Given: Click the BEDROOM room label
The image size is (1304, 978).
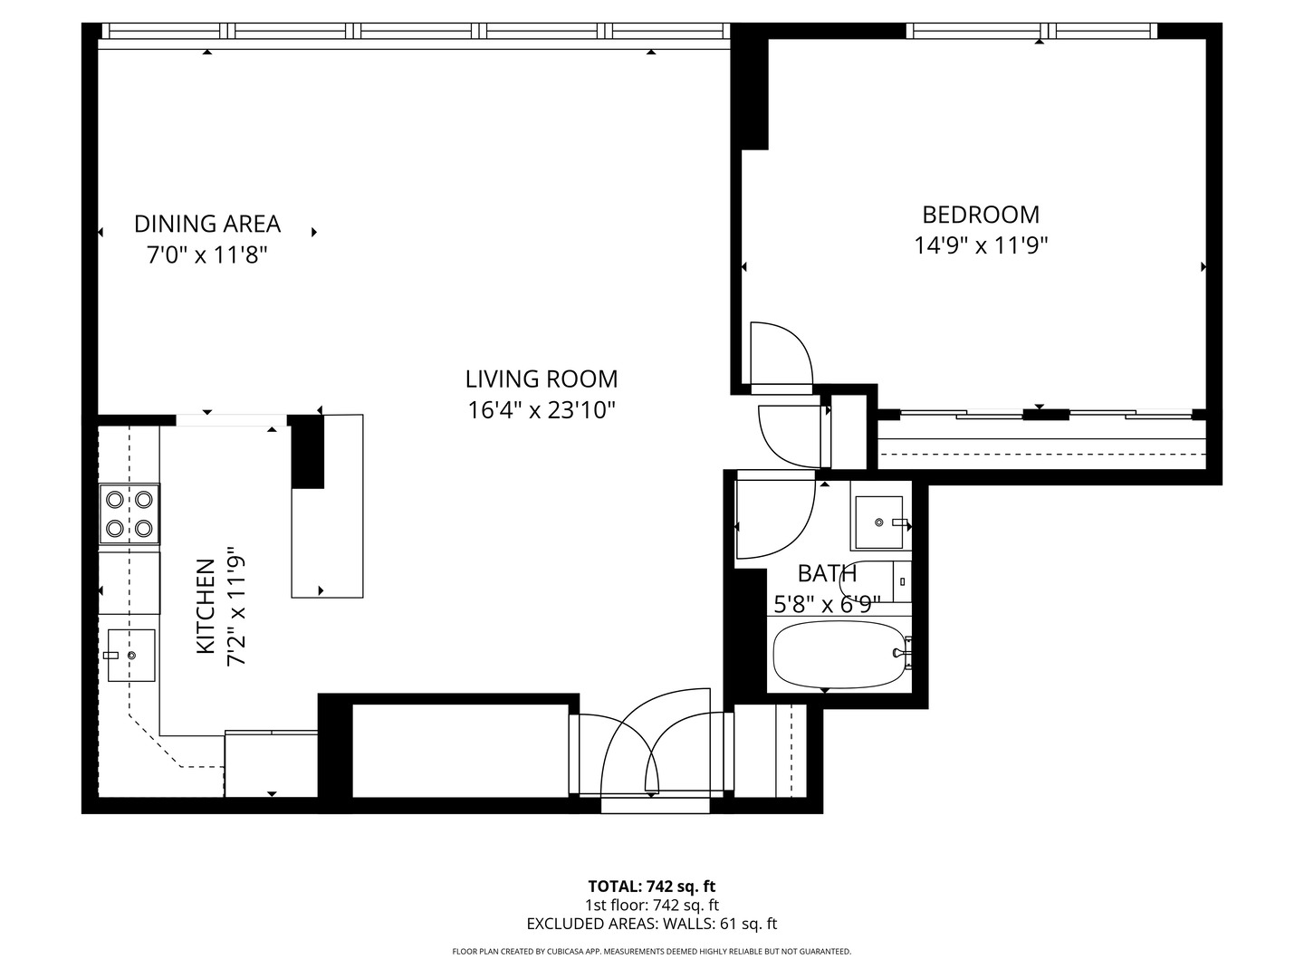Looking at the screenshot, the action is pos(980,215).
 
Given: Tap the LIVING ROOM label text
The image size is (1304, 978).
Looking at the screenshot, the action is pos(542,379).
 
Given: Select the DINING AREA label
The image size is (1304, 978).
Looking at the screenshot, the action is pos(206,224).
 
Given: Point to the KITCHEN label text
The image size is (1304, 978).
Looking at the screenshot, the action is pos(206,607).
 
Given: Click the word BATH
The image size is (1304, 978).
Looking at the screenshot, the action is pos(827,573).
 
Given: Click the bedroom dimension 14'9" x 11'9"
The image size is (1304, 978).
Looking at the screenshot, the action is pos(980,245).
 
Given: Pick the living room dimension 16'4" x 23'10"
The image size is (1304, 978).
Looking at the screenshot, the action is pos(542,410).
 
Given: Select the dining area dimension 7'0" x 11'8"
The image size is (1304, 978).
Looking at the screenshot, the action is pos(206,255).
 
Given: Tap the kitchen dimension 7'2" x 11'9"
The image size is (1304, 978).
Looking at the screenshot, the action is pos(236,607).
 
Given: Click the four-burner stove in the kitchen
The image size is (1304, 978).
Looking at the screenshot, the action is pos(129,513).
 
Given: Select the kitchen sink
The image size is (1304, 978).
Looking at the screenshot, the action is pos(130,656).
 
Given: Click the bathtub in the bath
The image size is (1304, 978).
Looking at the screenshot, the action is pos(840,655).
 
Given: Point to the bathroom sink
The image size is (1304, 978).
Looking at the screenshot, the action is pos(879,523).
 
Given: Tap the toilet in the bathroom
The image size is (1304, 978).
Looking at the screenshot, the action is pos(875,582).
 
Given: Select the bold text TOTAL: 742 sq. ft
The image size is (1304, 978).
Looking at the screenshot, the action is pos(652,887).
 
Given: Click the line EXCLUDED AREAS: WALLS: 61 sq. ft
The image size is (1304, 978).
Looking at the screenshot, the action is pos(652,924).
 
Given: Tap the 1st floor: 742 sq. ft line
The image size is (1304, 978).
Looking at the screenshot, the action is pos(652,905).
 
